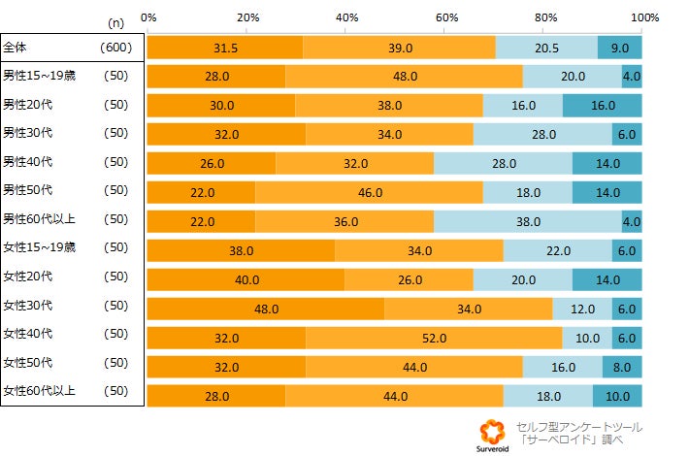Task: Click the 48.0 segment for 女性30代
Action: [x=266, y=309]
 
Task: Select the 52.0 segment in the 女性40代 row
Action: [x=434, y=339]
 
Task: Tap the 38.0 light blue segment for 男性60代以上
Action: [x=528, y=222]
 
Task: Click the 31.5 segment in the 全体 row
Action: [x=225, y=48]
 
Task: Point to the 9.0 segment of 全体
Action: [x=619, y=48]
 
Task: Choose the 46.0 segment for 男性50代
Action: [x=370, y=193]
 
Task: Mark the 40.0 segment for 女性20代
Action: [x=246, y=280]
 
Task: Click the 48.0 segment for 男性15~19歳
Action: [x=405, y=77]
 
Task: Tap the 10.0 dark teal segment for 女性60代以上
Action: [x=617, y=397]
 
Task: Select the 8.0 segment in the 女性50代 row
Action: [x=622, y=368]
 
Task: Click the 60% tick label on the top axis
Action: [x=445, y=17]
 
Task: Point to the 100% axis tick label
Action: [x=643, y=17]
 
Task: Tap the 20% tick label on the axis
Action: [x=247, y=17]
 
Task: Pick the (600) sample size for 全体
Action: [x=115, y=47]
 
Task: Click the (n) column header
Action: [x=115, y=19]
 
